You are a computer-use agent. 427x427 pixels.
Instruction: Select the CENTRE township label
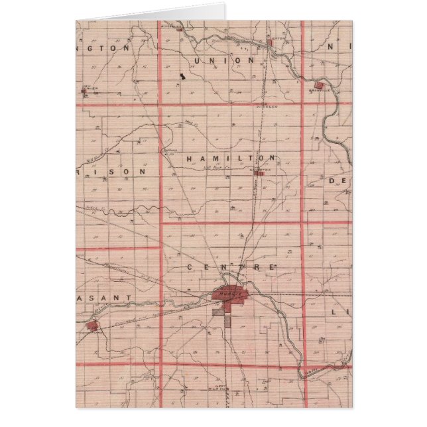click(230, 267)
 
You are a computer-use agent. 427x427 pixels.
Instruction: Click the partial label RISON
click(121, 170)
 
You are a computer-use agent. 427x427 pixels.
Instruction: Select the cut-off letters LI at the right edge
click(345, 311)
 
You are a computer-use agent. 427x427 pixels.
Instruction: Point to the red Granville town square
click(318, 86)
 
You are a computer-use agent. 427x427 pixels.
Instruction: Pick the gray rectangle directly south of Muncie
click(228, 321)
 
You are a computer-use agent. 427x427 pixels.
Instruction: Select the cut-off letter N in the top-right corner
click(346, 48)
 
